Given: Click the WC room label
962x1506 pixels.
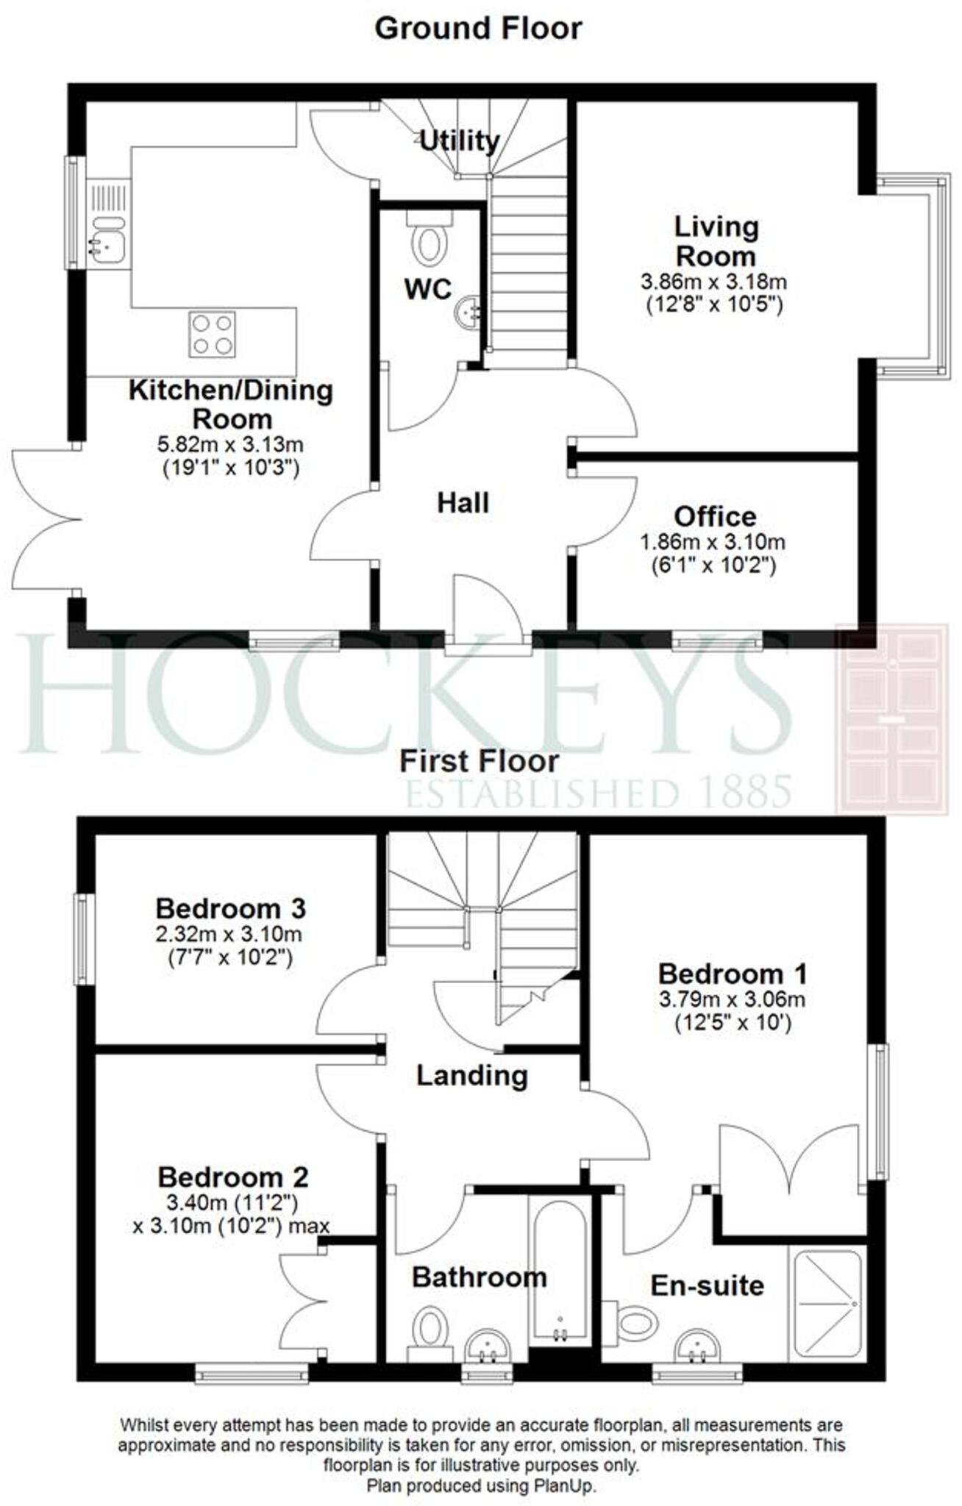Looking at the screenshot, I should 428,290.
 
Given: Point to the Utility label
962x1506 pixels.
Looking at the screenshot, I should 459,140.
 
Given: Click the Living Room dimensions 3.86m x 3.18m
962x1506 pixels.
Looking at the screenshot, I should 713,282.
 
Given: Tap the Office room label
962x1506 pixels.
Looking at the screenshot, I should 714,516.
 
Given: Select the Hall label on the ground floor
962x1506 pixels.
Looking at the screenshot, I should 463,504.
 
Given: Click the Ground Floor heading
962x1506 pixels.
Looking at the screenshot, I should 478,29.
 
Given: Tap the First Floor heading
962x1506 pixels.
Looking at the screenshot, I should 479,761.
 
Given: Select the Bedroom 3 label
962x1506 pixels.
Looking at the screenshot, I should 230,909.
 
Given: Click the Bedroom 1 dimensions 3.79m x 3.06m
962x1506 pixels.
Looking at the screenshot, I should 732,1000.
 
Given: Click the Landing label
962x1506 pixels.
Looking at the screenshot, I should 472,1077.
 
